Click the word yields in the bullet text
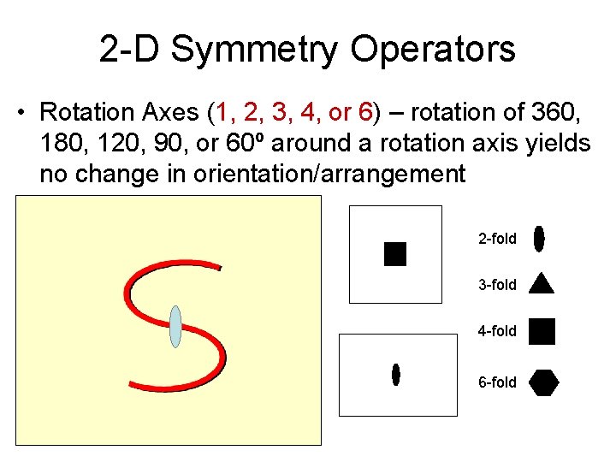559,144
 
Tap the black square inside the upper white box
395,254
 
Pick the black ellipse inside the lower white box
396,374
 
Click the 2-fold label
497,239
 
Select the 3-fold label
497,285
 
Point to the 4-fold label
497,331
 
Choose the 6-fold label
497,382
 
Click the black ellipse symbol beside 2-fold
539,239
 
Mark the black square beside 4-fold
542,331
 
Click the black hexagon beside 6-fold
543,382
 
